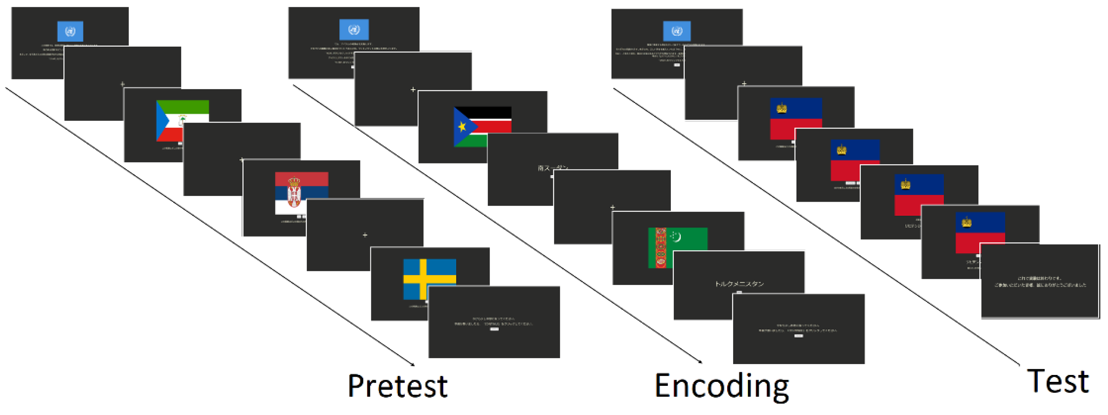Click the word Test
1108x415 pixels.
click(x=1058, y=381)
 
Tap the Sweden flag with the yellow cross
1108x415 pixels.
click(x=429, y=279)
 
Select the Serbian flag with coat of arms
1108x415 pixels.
click(x=301, y=192)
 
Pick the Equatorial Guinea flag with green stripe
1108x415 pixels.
click(x=182, y=120)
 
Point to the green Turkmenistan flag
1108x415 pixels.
click(x=677, y=247)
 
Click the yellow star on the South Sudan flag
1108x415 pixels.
click(x=462, y=127)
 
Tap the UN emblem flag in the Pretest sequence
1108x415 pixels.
click(x=70, y=31)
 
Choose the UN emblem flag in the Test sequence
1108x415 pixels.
click(x=677, y=31)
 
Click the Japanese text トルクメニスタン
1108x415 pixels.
click(x=739, y=284)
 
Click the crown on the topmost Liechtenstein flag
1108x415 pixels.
click(x=781, y=108)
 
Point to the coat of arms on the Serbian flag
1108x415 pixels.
click(x=294, y=192)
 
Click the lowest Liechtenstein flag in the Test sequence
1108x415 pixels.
click(x=980, y=232)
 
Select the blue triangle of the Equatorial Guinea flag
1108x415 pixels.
click(x=162, y=120)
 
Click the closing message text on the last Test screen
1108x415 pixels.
click(x=1040, y=282)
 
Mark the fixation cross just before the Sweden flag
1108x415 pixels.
click(x=365, y=235)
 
